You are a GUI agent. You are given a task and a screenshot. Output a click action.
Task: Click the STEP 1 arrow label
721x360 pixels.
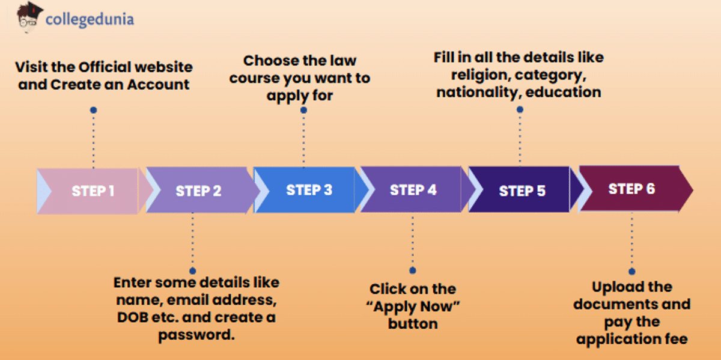point(93,192)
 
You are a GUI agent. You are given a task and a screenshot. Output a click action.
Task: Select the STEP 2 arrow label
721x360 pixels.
point(198,192)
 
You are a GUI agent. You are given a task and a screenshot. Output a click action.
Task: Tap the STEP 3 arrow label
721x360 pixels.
point(309,190)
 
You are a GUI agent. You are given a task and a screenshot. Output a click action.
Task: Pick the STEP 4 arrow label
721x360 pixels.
point(413,190)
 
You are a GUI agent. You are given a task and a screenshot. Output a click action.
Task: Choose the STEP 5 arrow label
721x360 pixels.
point(522,192)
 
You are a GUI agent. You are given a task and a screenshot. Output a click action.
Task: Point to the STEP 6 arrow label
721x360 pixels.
point(631,189)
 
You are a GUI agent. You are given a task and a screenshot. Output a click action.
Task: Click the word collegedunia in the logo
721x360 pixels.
point(90,19)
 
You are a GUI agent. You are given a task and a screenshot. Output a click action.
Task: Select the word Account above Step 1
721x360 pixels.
point(158,85)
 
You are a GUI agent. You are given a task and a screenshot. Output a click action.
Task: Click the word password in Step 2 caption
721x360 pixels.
point(196,335)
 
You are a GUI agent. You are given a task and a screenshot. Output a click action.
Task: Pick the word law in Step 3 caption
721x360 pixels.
point(342,61)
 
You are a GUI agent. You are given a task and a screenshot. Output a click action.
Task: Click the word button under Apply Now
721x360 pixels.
point(413,323)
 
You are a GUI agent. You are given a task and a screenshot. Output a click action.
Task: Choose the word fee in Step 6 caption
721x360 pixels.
point(675,339)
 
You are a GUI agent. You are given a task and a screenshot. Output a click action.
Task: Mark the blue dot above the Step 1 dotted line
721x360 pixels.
point(93,110)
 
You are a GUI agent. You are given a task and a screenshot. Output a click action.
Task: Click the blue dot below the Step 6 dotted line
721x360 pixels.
point(632,272)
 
